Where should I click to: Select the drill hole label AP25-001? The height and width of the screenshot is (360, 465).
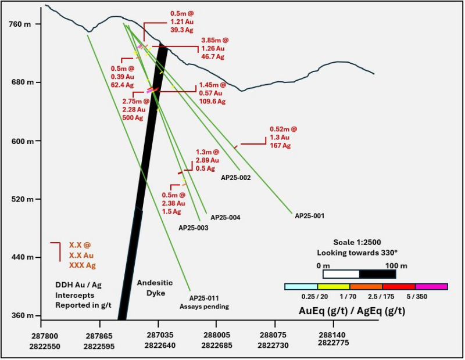309,215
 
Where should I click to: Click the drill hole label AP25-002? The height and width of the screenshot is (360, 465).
235,178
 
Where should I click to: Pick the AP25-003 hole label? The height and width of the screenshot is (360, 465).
193,228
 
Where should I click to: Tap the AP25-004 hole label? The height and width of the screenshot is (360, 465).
226,218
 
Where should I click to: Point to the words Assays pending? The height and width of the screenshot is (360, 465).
204,307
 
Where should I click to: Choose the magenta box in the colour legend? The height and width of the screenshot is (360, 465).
431,286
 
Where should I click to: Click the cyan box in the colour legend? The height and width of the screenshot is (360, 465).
301,286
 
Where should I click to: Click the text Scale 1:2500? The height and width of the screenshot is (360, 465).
357,242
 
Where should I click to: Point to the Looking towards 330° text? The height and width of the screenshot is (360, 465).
357,253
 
